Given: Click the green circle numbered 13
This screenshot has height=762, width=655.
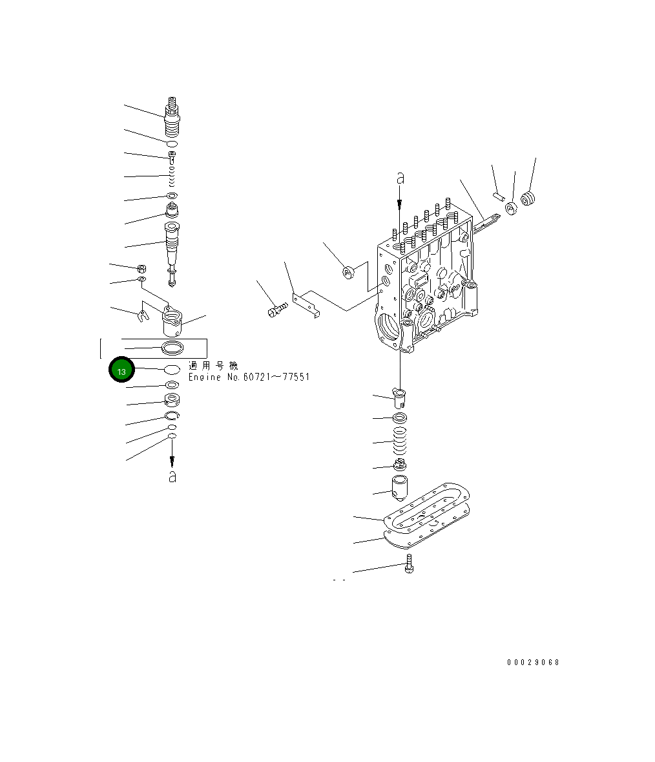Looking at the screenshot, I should [x=121, y=370].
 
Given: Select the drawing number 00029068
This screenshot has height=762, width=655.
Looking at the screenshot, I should [x=533, y=662].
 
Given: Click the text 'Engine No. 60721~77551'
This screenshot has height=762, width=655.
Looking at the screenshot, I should [x=249, y=377].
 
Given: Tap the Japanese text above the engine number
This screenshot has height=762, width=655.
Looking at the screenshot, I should [x=213, y=366].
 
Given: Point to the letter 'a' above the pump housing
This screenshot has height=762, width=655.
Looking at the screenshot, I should [x=400, y=177].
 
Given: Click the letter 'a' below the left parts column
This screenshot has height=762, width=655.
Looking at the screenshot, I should [x=172, y=477].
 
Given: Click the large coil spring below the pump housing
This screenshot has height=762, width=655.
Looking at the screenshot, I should [x=400, y=443].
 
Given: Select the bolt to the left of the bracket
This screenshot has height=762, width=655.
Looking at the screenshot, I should [x=275, y=311].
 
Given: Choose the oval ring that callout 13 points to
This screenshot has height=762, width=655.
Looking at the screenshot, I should [x=172, y=369].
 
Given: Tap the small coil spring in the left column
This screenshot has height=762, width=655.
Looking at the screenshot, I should [x=172, y=176].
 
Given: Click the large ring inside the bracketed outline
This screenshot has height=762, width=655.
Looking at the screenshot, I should [x=172, y=349].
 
